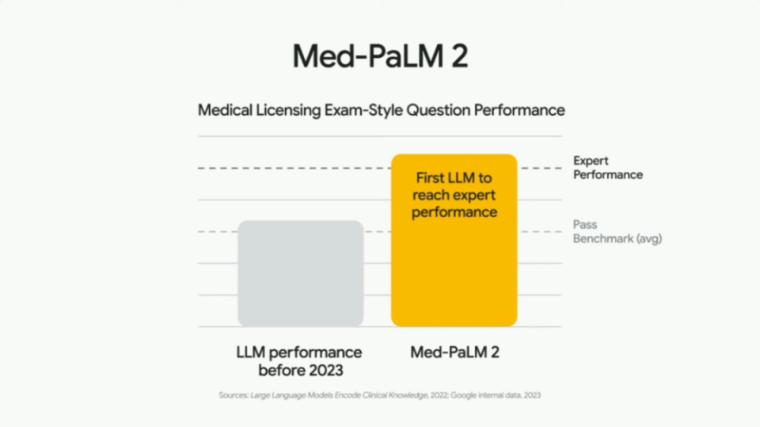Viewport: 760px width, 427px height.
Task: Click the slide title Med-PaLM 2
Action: [x=380, y=55]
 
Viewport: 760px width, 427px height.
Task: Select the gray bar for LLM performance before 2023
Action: [x=301, y=273]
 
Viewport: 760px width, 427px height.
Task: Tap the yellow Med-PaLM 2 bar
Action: [x=454, y=240]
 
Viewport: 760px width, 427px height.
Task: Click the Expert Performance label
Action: [x=608, y=168]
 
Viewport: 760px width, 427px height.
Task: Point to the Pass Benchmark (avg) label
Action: [x=617, y=232]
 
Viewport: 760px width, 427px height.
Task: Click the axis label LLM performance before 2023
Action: [x=299, y=361]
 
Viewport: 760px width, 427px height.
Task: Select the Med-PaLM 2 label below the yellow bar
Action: [x=454, y=353]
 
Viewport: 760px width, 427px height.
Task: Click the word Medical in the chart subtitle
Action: [x=225, y=110]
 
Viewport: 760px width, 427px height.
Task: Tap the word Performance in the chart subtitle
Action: [x=519, y=110]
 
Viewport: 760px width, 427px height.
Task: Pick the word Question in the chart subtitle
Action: [x=438, y=111]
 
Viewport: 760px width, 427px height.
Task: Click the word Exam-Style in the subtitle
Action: [x=363, y=111]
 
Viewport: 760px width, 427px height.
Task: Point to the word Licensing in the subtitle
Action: [x=288, y=111]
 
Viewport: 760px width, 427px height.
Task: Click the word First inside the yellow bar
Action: [x=429, y=178]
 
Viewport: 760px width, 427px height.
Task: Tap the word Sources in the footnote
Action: [x=234, y=395]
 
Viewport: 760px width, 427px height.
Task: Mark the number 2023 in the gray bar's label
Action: [x=322, y=370]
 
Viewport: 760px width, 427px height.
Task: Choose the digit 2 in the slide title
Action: [x=459, y=56]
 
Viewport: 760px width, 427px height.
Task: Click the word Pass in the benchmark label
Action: [x=585, y=225]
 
